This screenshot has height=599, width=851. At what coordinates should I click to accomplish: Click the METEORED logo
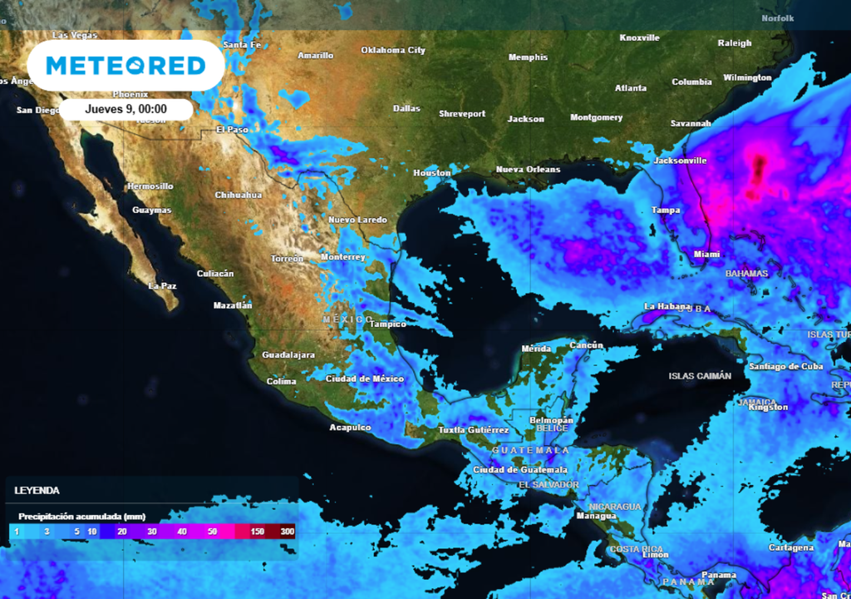coord(125,66)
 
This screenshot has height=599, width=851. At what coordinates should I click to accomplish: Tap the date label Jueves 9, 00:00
coord(126,109)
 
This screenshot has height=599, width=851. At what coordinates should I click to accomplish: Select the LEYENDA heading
coord(37,491)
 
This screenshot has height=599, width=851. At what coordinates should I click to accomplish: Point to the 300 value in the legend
coord(287,531)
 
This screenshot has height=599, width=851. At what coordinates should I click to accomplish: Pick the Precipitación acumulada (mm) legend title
coord(71,516)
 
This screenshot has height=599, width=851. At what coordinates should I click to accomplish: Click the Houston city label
coord(432,173)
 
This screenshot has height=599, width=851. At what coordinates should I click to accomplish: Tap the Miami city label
coord(706,254)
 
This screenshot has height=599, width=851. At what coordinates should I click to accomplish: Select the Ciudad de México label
coord(364,379)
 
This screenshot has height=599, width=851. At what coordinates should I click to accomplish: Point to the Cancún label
coord(587,345)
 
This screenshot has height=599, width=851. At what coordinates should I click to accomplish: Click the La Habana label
coord(667,307)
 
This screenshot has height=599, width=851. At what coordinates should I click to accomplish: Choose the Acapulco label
coord(351,428)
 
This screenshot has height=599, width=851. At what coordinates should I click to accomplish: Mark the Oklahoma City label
coord(393,50)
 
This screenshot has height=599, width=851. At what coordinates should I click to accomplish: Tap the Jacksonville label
coord(680,160)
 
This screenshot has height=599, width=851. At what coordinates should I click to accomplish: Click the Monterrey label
coord(342,257)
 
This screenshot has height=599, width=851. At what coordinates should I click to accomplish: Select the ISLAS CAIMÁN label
coord(700,376)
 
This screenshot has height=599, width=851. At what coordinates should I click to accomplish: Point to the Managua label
coord(596,516)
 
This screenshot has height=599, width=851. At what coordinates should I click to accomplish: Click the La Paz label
coord(162,286)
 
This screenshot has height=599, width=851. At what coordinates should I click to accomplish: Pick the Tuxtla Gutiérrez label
coord(473,430)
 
